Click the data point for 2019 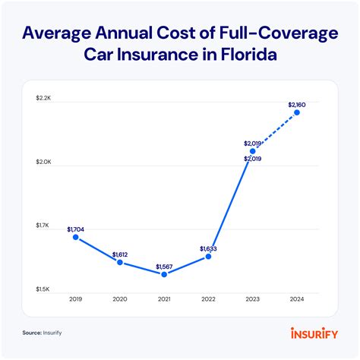pyautogui.click(x=76, y=237)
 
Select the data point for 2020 pyautogui.click(x=120, y=262)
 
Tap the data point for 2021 pyautogui.click(x=164, y=274)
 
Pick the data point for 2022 pyautogui.click(x=208, y=257)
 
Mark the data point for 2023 pyautogui.click(x=253, y=151)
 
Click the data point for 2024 pyautogui.click(x=297, y=112)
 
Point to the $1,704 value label pyautogui.click(x=76, y=229)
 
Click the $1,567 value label pyautogui.click(x=165, y=267)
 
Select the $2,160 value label pyautogui.click(x=298, y=104)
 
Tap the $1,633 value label pyautogui.click(x=209, y=248)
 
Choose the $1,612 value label pyautogui.click(x=121, y=254)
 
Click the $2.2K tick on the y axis pyautogui.click(x=44, y=99)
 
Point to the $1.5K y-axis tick pyautogui.click(x=44, y=289)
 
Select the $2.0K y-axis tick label pyautogui.click(x=44, y=163)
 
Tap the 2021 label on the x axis pyautogui.click(x=164, y=299)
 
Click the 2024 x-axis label pyautogui.click(x=297, y=299)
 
